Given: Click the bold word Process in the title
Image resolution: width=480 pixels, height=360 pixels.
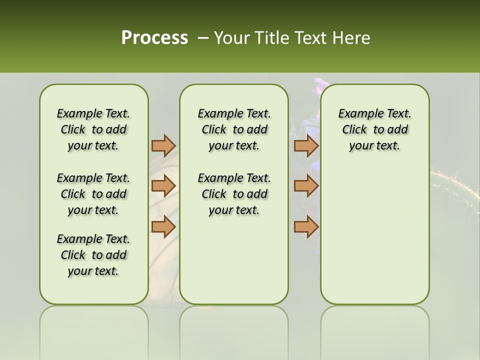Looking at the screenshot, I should click(154, 38).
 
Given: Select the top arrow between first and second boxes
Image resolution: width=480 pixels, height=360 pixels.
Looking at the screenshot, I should click(163, 145).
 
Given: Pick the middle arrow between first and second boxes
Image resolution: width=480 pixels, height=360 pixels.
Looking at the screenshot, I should click(163, 186).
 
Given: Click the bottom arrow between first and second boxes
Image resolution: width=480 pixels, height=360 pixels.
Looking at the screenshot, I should click(163, 226).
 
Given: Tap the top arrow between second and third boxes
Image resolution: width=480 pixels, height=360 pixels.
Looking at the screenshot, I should click(306, 145).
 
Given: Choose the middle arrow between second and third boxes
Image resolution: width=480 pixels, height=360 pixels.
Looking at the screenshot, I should click(306, 186).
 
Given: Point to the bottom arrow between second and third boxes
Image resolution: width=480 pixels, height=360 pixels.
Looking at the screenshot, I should click(306, 226).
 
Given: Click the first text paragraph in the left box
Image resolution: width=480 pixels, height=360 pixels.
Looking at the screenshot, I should click(93, 129).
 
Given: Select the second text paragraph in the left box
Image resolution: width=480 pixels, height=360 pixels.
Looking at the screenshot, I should click(93, 194).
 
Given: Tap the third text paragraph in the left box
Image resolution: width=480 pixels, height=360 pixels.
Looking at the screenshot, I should click(93, 255).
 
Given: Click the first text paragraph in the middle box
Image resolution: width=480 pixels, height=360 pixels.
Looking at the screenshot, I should click(234, 129).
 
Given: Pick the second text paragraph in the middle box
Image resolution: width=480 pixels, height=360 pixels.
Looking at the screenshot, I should click(234, 194).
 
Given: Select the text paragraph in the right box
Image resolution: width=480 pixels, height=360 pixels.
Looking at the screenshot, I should click(374, 129).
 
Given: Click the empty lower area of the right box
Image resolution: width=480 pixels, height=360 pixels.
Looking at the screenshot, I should click(374, 240).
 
